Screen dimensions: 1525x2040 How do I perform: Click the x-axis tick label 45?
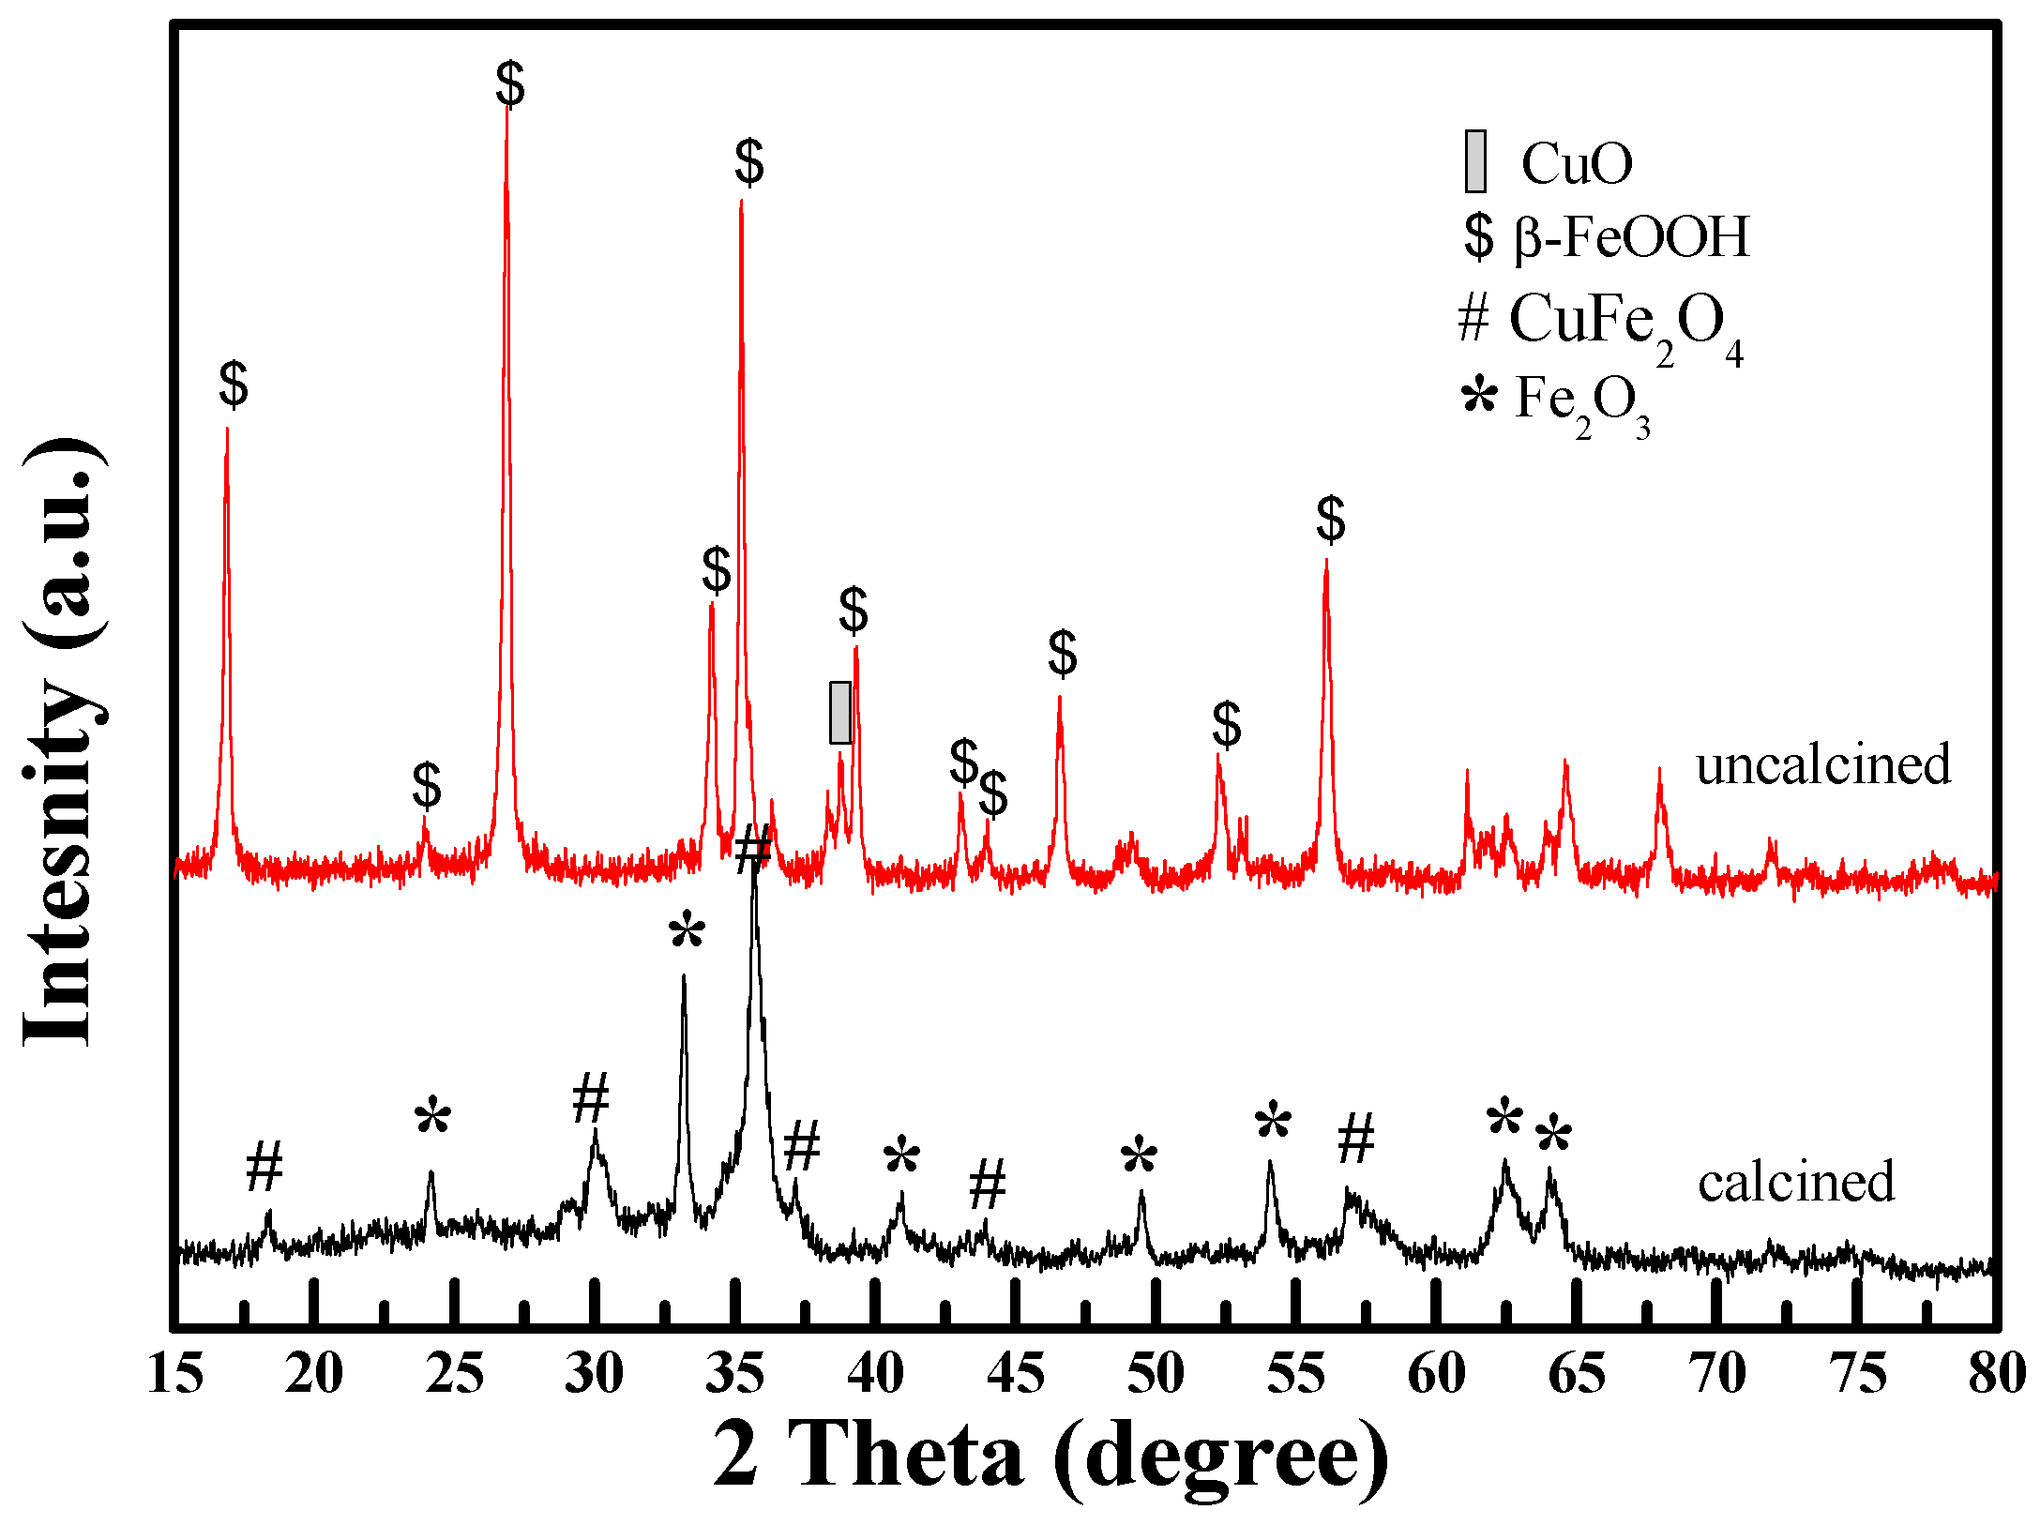point(1015,1375)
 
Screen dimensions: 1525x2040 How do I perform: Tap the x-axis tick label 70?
point(1716,1375)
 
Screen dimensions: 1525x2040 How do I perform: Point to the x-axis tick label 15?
point(175,1375)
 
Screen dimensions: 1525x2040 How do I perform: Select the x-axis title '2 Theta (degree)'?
point(1050,1455)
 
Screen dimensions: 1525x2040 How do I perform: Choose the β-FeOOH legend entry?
point(1606,236)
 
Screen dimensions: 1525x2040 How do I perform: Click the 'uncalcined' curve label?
point(1822,764)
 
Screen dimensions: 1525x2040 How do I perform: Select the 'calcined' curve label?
point(1795,1182)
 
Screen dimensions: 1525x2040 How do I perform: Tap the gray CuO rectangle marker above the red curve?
point(840,713)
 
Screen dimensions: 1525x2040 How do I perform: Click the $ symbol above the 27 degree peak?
point(510,84)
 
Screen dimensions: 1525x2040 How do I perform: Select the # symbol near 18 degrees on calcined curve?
point(264,1168)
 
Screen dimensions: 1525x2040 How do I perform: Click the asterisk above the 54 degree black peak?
point(1273,1122)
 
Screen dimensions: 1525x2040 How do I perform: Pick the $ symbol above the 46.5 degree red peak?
point(1063,654)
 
